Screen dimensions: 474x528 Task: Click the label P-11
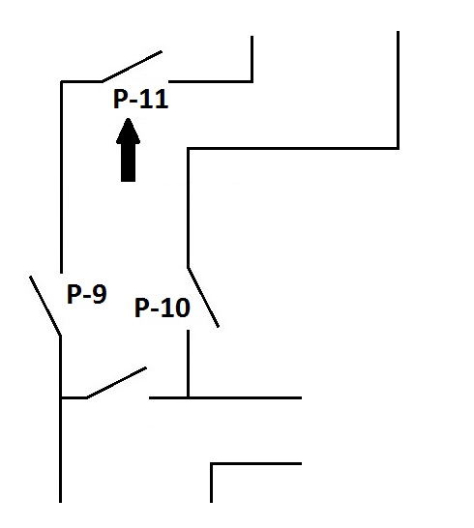coord(140,99)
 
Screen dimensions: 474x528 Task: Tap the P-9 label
coord(87,294)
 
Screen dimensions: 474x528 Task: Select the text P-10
coord(163,308)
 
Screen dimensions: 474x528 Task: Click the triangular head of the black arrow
coord(128,131)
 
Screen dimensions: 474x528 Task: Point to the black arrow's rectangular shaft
coord(128,162)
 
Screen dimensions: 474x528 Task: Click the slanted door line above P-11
coord(133,66)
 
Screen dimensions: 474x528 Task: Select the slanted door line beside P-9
coord(45,306)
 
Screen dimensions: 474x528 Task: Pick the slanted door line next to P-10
coord(203,297)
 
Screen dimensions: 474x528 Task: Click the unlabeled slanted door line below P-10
coord(116,383)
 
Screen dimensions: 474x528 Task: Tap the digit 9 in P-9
coord(100,294)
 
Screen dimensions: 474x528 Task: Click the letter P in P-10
coord(142,308)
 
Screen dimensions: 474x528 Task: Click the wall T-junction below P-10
coord(188,397)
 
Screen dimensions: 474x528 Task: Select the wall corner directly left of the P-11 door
coord(61,81)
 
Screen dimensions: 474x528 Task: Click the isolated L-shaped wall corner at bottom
coord(211,463)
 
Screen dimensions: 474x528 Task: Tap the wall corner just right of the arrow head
coord(188,148)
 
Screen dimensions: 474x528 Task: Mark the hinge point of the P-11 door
coord(103,81)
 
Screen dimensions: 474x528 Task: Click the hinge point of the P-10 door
coord(188,268)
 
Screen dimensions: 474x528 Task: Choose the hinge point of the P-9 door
coord(60,336)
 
